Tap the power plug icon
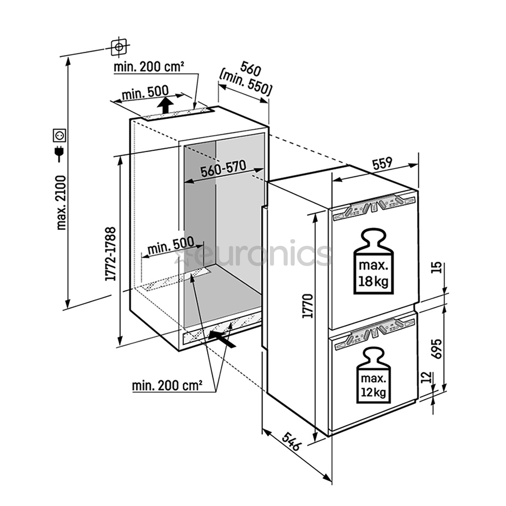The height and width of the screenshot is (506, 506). coord(60,153)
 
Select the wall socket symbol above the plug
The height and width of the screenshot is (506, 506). coord(60,135)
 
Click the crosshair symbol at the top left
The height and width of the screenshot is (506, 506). coord(119,46)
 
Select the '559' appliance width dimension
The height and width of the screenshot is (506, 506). coord(383,164)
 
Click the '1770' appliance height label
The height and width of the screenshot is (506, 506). coord(308,306)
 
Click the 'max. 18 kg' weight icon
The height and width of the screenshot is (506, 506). coord(373,262)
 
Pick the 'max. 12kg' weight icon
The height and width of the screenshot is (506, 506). coord(373,375)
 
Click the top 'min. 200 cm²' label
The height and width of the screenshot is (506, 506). coord(149,67)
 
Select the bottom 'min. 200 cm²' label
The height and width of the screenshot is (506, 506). coord(167,386)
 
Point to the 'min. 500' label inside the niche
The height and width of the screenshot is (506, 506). coord(170,246)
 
